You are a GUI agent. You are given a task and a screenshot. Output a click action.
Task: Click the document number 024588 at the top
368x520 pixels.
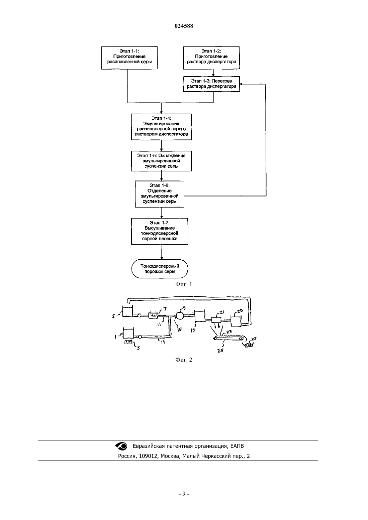coord(184,26)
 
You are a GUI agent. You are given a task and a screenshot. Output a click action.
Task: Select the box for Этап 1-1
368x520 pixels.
coord(129,58)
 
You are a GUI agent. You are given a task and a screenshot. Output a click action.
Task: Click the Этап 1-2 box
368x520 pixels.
coord(211,58)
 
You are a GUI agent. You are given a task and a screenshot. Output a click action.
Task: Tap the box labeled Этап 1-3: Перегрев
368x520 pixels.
coord(211,84)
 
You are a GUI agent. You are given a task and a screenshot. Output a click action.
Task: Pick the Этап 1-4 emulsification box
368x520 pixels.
coord(161,127)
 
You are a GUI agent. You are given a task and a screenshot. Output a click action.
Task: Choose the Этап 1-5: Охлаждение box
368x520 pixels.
coord(161,161)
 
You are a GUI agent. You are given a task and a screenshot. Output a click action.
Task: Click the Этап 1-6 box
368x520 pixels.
coord(160,194)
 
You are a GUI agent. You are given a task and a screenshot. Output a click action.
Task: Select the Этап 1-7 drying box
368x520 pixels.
coord(160,231)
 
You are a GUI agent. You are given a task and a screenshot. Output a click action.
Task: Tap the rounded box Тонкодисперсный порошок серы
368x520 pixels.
coord(160,269)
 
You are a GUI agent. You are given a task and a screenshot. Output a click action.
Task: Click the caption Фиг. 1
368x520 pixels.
coord(184,284)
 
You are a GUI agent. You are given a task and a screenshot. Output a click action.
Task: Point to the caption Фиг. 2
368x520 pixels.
coord(184,360)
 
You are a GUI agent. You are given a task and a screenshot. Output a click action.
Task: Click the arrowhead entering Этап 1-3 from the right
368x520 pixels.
coord(241,84)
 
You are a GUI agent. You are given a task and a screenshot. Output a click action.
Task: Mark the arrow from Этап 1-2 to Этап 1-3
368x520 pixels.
coord(213,73)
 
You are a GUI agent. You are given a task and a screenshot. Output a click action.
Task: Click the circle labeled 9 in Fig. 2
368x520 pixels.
coord(180,316)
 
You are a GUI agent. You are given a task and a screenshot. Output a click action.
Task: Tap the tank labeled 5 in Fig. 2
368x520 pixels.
coord(127,311)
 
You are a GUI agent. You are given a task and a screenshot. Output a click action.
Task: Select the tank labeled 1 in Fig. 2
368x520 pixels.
coord(128,333)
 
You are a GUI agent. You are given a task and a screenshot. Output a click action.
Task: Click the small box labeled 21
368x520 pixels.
coord(216,320)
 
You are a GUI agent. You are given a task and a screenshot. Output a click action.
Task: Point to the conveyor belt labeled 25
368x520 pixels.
coord(229,338)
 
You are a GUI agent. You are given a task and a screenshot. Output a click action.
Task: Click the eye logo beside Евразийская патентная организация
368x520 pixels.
coord(121,446)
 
